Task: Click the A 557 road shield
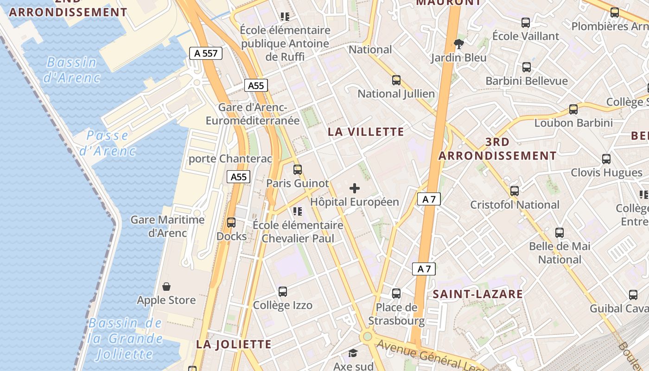coord(206,53)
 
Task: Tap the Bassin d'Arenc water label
coord(72,70)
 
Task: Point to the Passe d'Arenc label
coord(107,143)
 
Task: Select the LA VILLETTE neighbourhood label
coord(366,132)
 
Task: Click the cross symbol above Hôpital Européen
coord(355,188)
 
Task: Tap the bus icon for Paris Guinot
coord(298,170)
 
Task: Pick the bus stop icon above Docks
coord(231,223)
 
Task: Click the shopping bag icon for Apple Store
coord(166,287)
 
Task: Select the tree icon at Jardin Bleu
coord(459,44)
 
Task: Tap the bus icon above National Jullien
coord(396,80)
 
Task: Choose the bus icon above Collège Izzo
coord(283,292)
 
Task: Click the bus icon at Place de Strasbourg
coord(396,294)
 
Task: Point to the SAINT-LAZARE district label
coord(477,294)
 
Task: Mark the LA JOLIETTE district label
coord(234,344)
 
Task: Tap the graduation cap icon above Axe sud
coord(353,353)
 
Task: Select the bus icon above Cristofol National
coord(515,191)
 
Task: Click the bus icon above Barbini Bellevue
coord(527,67)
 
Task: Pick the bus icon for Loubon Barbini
coord(573,109)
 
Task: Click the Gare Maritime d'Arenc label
coord(167,226)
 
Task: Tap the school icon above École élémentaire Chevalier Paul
coord(298,212)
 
